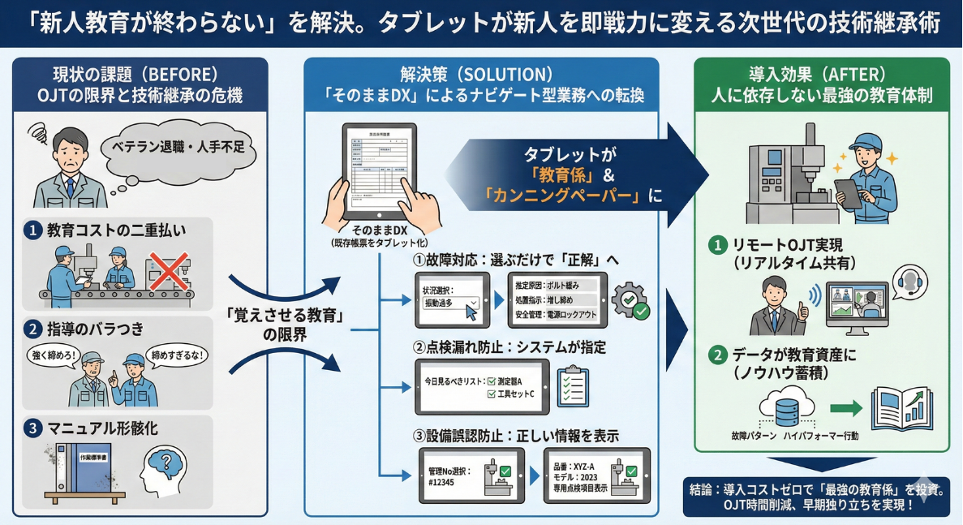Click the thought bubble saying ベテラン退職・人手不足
(x=175, y=148)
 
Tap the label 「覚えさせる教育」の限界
(x=285, y=325)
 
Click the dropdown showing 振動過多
(x=450, y=303)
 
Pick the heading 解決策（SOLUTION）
(x=480, y=74)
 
